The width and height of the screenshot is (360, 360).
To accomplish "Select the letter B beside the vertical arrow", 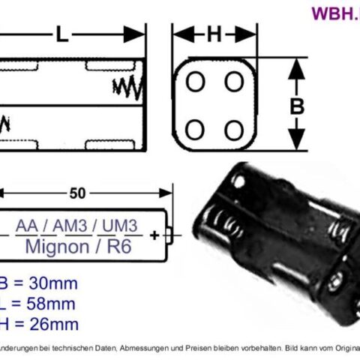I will pos(298,106).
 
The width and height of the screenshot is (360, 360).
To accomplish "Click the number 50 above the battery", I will pos(76,193).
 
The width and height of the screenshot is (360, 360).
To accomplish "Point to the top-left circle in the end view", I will pos(195,82).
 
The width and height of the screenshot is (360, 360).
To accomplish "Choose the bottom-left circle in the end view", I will pos(195,129).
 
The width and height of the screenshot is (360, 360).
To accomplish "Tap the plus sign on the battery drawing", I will pos(154,235).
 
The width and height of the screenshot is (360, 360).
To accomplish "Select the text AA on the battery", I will pos(27,226).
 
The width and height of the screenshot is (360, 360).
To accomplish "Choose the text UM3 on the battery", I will pos(120,226).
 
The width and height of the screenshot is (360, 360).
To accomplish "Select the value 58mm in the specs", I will pos(49,304).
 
